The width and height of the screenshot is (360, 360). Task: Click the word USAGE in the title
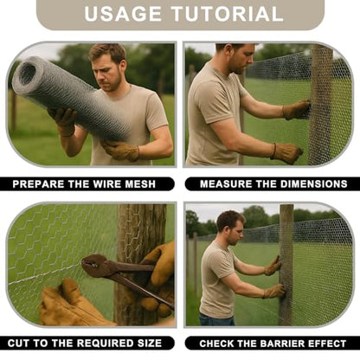click(x=123, y=14)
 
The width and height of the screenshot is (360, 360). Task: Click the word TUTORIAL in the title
click(x=228, y=14)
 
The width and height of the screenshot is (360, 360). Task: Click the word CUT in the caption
click(x=18, y=344)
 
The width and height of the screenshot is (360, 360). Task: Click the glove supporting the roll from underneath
click(x=121, y=151)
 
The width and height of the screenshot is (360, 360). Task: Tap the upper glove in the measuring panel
click(x=296, y=110)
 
